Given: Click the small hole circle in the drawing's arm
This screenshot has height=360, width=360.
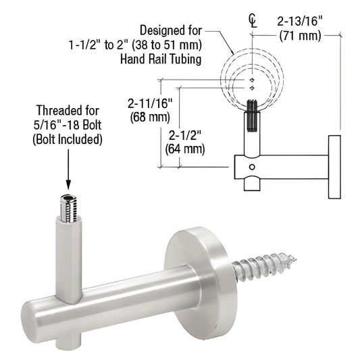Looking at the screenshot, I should tap(251, 166).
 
